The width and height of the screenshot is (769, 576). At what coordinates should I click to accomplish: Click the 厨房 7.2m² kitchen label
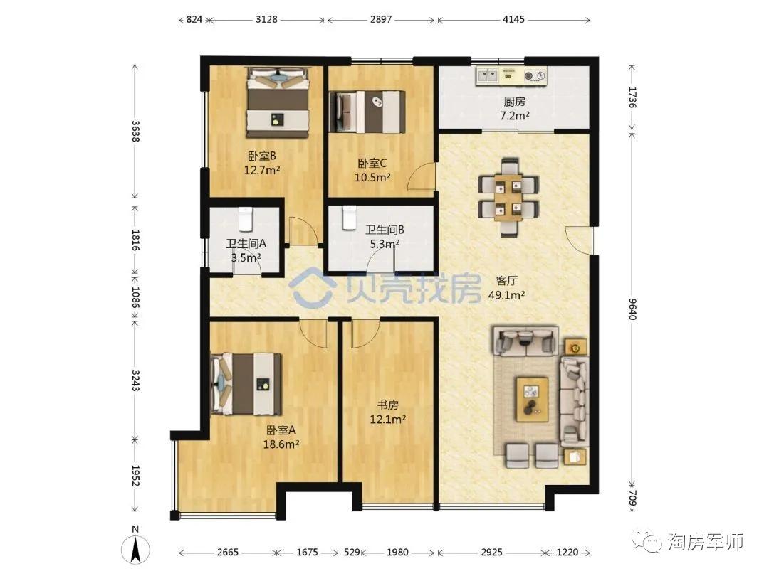(515, 108)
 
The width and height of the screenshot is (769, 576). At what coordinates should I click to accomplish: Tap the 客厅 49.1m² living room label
(507, 287)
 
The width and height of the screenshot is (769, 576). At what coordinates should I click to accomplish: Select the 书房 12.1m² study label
(387, 412)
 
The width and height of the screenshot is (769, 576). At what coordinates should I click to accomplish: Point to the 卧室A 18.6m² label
(281, 437)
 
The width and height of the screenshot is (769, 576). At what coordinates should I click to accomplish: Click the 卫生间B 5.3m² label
(384, 236)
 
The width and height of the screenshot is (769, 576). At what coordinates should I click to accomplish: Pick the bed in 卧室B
(278, 102)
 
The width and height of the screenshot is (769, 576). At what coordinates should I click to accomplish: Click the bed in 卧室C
(367, 112)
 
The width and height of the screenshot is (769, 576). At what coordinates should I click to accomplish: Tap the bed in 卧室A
(246, 383)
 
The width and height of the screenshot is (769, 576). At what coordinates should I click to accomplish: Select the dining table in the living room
(508, 197)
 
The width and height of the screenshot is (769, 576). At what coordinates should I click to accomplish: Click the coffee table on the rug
(531, 399)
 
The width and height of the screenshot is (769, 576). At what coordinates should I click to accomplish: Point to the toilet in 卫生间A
(246, 219)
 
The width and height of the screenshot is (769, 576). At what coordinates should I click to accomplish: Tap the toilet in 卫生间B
(349, 218)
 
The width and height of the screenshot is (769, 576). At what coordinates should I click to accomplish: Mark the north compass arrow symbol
(136, 548)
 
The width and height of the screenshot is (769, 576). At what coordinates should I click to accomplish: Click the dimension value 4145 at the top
(513, 20)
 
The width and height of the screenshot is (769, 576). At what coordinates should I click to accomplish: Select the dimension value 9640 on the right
(632, 309)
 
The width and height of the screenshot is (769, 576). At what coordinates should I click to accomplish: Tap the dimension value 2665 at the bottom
(228, 552)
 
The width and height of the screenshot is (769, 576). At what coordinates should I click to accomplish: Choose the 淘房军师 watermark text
(706, 542)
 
